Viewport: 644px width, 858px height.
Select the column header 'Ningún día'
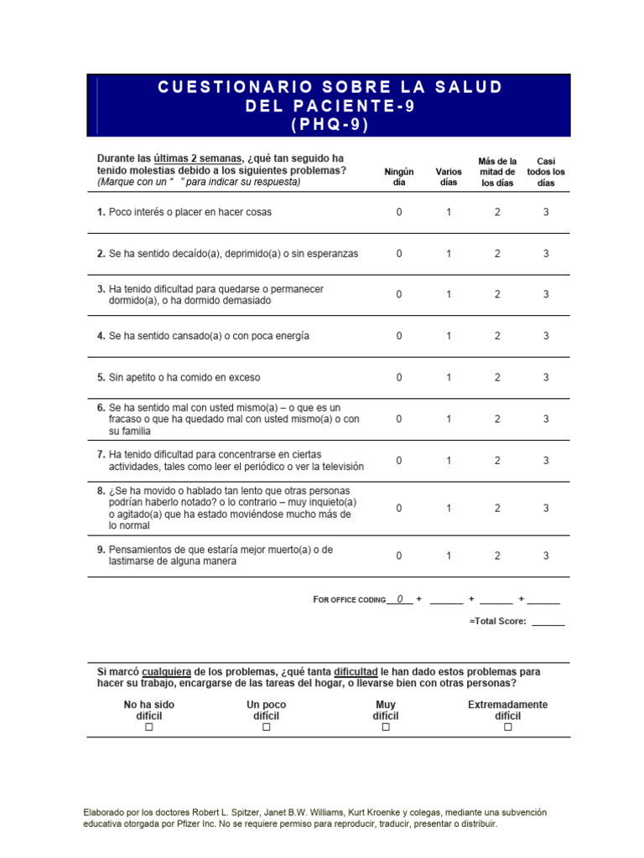tap(398, 177)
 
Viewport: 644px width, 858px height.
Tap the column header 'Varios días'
tap(449, 177)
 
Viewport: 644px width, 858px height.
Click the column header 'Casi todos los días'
tap(546, 172)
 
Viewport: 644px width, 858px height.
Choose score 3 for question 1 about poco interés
tap(546, 213)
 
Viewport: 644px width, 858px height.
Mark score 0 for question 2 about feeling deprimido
tap(399, 254)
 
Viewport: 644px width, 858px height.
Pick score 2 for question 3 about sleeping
tap(497, 295)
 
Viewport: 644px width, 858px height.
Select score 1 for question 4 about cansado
tap(449, 336)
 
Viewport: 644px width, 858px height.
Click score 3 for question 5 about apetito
tap(546, 378)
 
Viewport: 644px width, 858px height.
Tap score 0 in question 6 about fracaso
tap(399, 419)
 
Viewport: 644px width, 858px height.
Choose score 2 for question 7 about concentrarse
tap(497, 461)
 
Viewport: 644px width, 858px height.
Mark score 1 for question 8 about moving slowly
tap(449, 509)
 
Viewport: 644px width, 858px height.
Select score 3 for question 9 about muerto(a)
tap(546, 556)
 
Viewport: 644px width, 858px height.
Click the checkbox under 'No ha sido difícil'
tap(149, 727)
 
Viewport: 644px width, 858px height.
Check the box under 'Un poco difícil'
tap(267, 727)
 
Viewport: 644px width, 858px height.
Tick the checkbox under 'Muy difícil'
tap(386, 727)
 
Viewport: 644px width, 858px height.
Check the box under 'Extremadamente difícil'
tap(507, 727)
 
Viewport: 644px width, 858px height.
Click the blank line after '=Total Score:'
tap(548, 622)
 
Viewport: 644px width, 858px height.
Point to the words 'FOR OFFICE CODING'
tap(349, 600)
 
